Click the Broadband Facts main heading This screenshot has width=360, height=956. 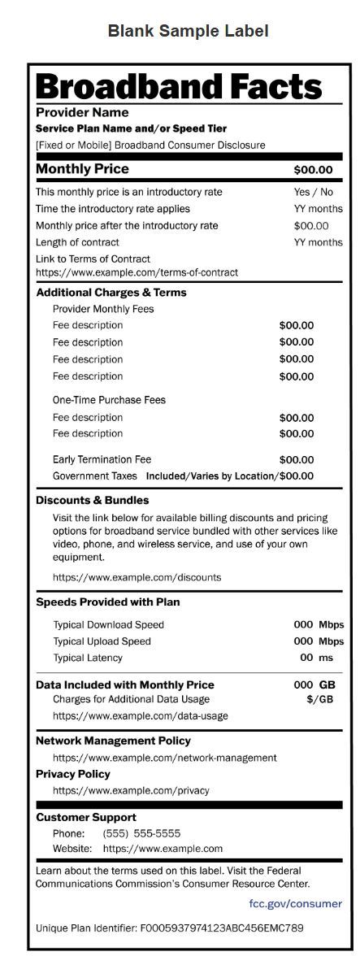pyautogui.click(x=179, y=86)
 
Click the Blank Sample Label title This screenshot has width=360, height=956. pyautogui.click(x=188, y=32)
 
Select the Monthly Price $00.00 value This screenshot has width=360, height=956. pyautogui.click(x=313, y=170)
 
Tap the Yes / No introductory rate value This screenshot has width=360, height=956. pyautogui.click(x=313, y=192)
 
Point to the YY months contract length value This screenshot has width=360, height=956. pyautogui.click(x=318, y=242)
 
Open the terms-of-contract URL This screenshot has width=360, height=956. pyautogui.click(x=137, y=272)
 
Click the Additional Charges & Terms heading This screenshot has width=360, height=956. pyautogui.click(x=111, y=293)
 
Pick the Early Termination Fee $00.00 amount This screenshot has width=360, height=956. pyautogui.click(x=296, y=459)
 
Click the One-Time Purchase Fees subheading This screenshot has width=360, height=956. pyautogui.click(x=109, y=400)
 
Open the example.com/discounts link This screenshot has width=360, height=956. pyautogui.click(x=137, y=577)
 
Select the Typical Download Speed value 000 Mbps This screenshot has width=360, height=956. pyautogui.click(x=318, y=625)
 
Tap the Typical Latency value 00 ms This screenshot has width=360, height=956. pyautogui.click(x=316, y=658)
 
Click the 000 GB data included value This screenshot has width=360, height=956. pyautogui.click(x=314, y=685)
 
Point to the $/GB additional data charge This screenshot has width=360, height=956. pyautogui.click(x=320, y=699)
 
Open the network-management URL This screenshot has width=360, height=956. pyautogui.click(x=164, y=758)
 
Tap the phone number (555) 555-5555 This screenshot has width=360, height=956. pyautogui.click(x=141, y=833)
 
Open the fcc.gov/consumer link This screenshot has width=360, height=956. pyautogui.click(x=295, y=903)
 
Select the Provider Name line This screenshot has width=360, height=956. pyautogui.click(x=82, y=112)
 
